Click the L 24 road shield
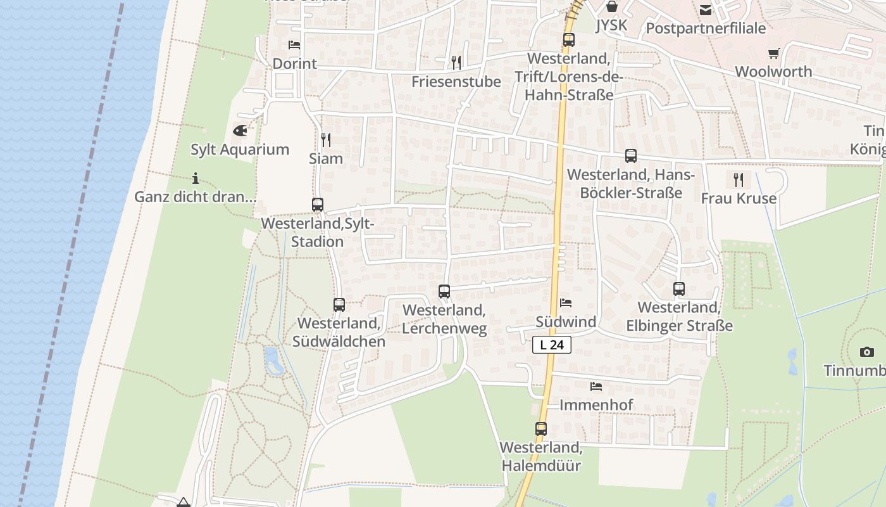point(552,345)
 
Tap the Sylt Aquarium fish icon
point(240,131)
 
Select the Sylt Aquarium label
point(240,150)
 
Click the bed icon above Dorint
point(294,45)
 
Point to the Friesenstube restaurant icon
point(456,62)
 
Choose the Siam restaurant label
point(326,158)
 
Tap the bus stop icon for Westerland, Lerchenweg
point(444,292)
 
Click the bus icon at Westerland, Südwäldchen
point(339,305)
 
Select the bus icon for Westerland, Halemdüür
point(540,428)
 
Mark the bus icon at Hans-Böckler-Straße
point(630,156)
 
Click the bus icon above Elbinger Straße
point(679,289)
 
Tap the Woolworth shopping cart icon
point(773,53)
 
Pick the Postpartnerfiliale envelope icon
point(706,10)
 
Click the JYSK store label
point(611,25)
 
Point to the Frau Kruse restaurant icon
point(739,180)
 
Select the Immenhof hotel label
point(596,404)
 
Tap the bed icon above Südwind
point(566,303)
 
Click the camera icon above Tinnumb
point(867,352)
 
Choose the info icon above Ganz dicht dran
point(196,178)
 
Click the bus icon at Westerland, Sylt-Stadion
point(318,205)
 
